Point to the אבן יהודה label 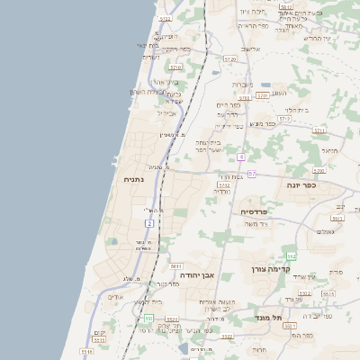pyautogui.click(x=196, y=275)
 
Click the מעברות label pyautogui.click(x=242, y=85)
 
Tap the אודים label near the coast pyautogui.click(x=114, y=297)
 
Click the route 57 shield pyautogui.click(x=253, y=174)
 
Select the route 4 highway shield pyautogui.click(x=241, y=157)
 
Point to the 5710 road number pyautogui.click(x=175, y=67)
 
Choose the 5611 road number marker pyautogui.click(x=175, y=266)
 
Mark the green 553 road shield pyautogui.click(x=148, y=319)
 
